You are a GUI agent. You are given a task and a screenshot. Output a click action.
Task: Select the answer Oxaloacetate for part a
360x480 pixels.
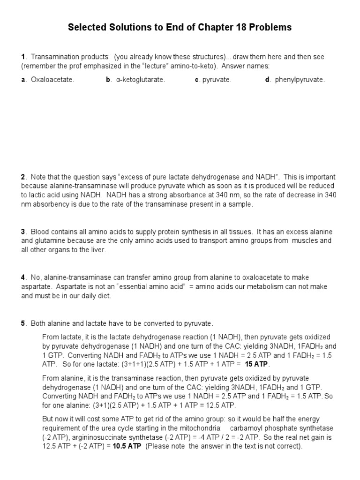click(x=52, y=80)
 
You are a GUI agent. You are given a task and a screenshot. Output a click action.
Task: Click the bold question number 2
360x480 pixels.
click(x=23, y=177)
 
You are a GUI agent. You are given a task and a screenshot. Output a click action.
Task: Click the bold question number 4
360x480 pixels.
click(x=23, y=277)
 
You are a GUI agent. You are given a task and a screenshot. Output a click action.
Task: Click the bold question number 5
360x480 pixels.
click(x=23, y=323)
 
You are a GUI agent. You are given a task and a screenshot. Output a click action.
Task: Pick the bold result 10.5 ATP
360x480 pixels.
click(x=127, y=446)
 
